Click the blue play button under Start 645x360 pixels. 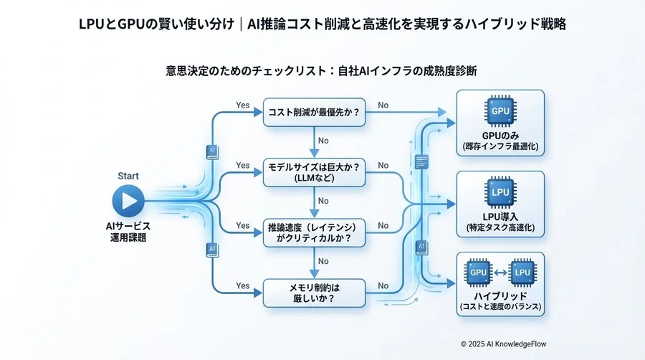[128, 200]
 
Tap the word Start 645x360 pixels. [128, 176]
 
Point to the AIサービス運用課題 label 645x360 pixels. [128, 231]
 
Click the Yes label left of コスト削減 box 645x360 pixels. [243, 105]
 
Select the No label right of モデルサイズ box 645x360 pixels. [383, 166]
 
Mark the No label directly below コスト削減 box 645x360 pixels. [324, 141]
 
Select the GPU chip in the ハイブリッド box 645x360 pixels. [479, 273]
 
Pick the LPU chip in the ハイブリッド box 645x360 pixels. [522, 273]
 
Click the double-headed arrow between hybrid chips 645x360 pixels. [500, 273]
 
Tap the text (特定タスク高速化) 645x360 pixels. [500, 228]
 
